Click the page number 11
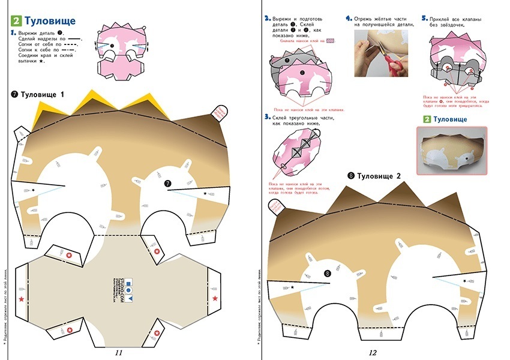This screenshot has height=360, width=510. tap(118, 353)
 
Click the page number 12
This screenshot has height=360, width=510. tap(373, 353)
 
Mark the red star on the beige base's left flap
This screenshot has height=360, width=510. tap(22, 298)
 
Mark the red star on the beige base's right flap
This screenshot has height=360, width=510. tap(215, 298)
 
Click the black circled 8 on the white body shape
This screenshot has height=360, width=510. tap(327, 274)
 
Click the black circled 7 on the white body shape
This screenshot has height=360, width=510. tap(168, 183)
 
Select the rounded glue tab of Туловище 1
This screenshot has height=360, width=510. tap(220, 112)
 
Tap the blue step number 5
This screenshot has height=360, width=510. tap(424, 19)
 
